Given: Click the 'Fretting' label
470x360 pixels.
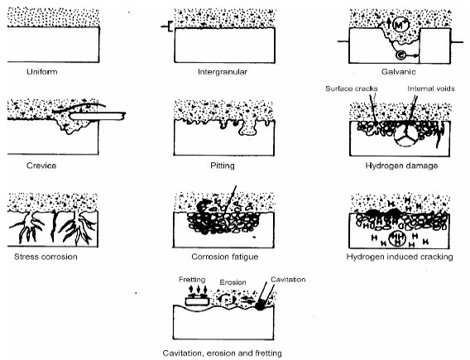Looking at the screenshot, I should [x=192, y=280].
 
